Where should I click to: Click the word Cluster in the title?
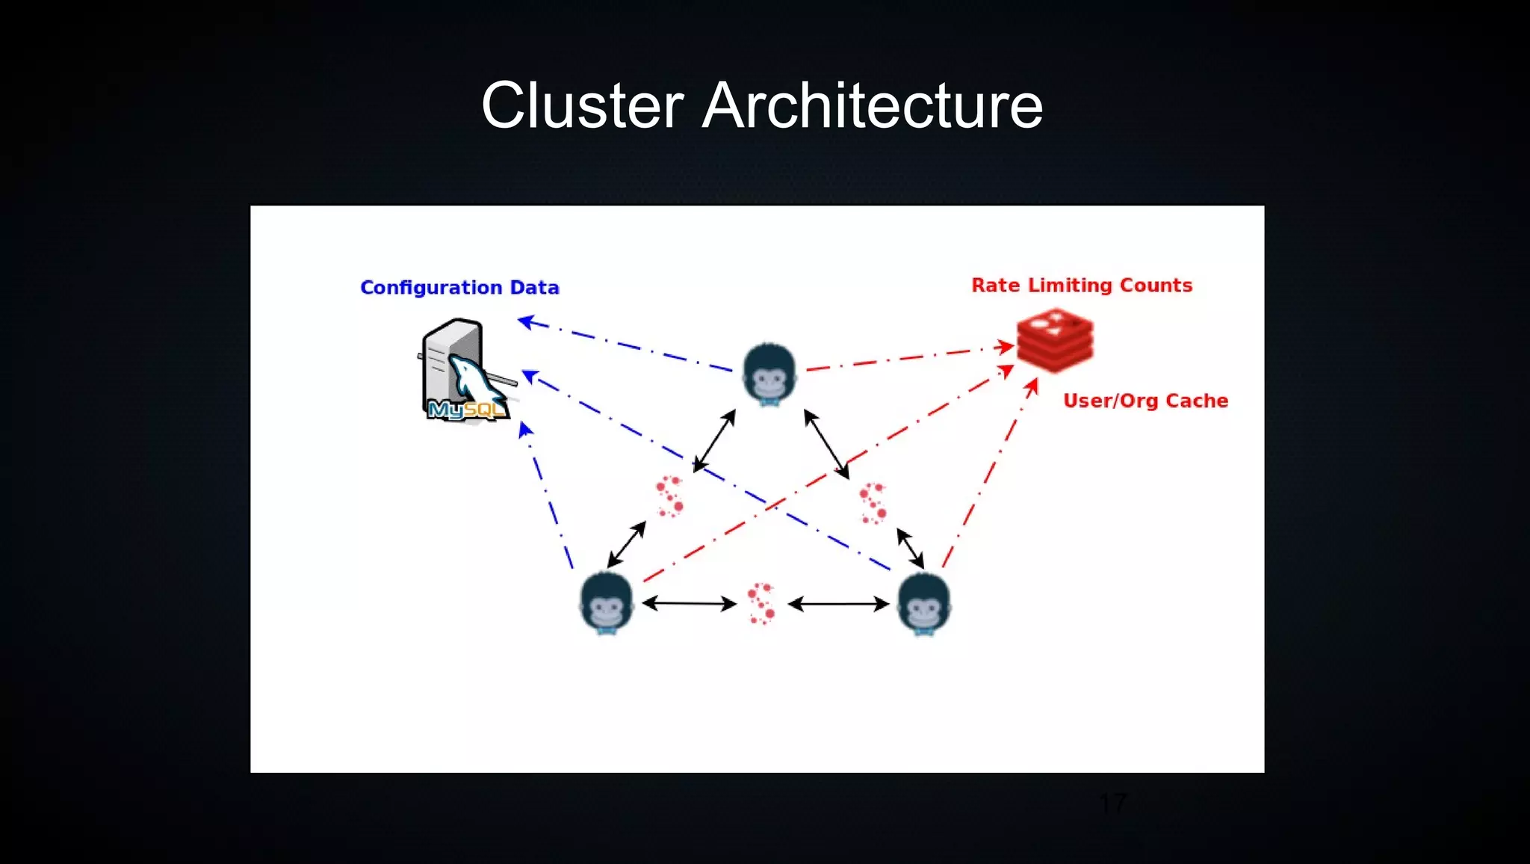coord(582,106)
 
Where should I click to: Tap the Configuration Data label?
coord(459,288)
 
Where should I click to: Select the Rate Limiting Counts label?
coord(1081,286)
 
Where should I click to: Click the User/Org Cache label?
coord(1145,401)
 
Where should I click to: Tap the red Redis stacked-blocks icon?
coord(1055,341)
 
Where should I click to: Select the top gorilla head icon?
coord(769,374)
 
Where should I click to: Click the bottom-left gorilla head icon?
coord(607,602)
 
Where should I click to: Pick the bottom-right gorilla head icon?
coord(924,603)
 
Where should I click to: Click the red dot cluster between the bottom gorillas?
coord(762,603)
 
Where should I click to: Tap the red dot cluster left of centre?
coord(670,497)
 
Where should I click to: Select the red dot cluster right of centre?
coord(873,503)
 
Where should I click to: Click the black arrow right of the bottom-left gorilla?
coord(689,603)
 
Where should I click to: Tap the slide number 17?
coord(1113,803)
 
